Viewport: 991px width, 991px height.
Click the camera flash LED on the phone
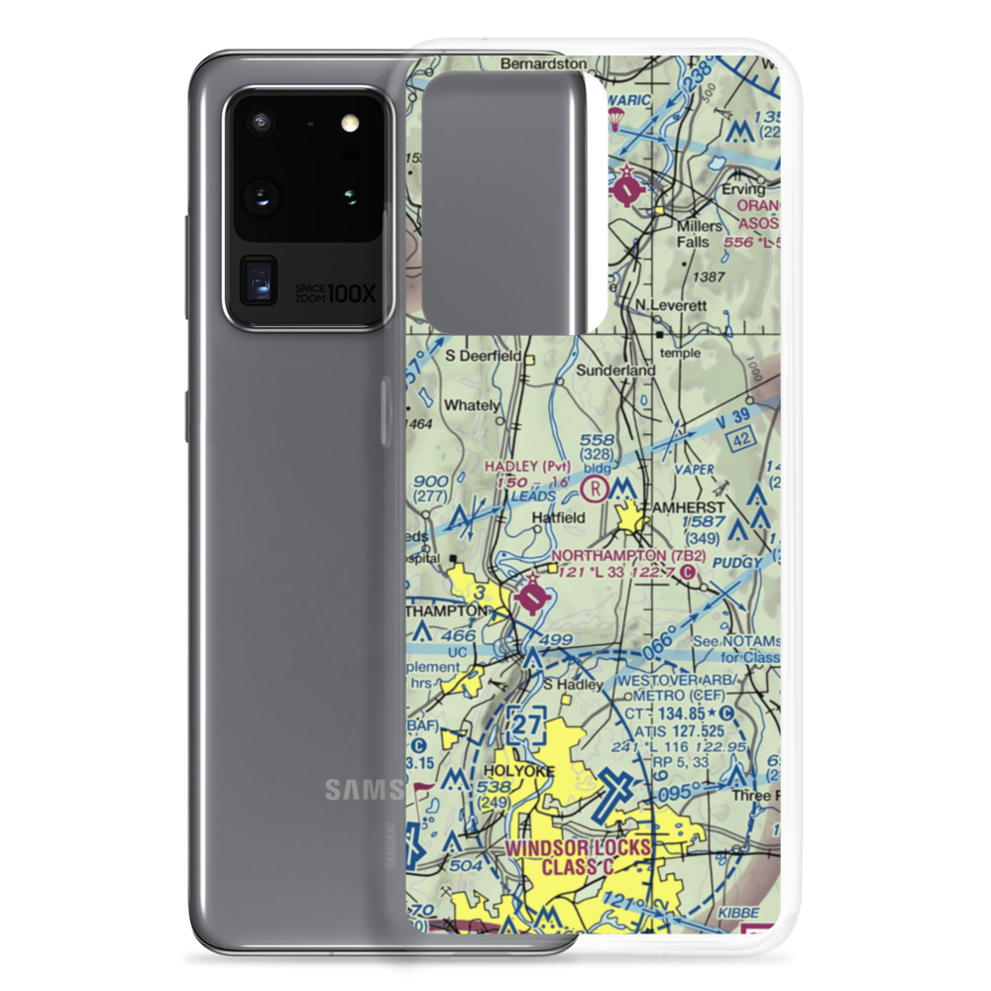[348, 124]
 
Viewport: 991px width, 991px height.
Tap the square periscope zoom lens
[260, 279]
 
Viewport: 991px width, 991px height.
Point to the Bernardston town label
[544, 63]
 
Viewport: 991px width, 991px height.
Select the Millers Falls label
[726, 233]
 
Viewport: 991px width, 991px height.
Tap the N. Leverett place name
[671, 306]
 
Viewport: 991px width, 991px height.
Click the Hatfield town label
[558, 517]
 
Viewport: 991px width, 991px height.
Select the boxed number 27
[525, 726]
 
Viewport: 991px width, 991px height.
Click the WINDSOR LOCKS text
[579, 848]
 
